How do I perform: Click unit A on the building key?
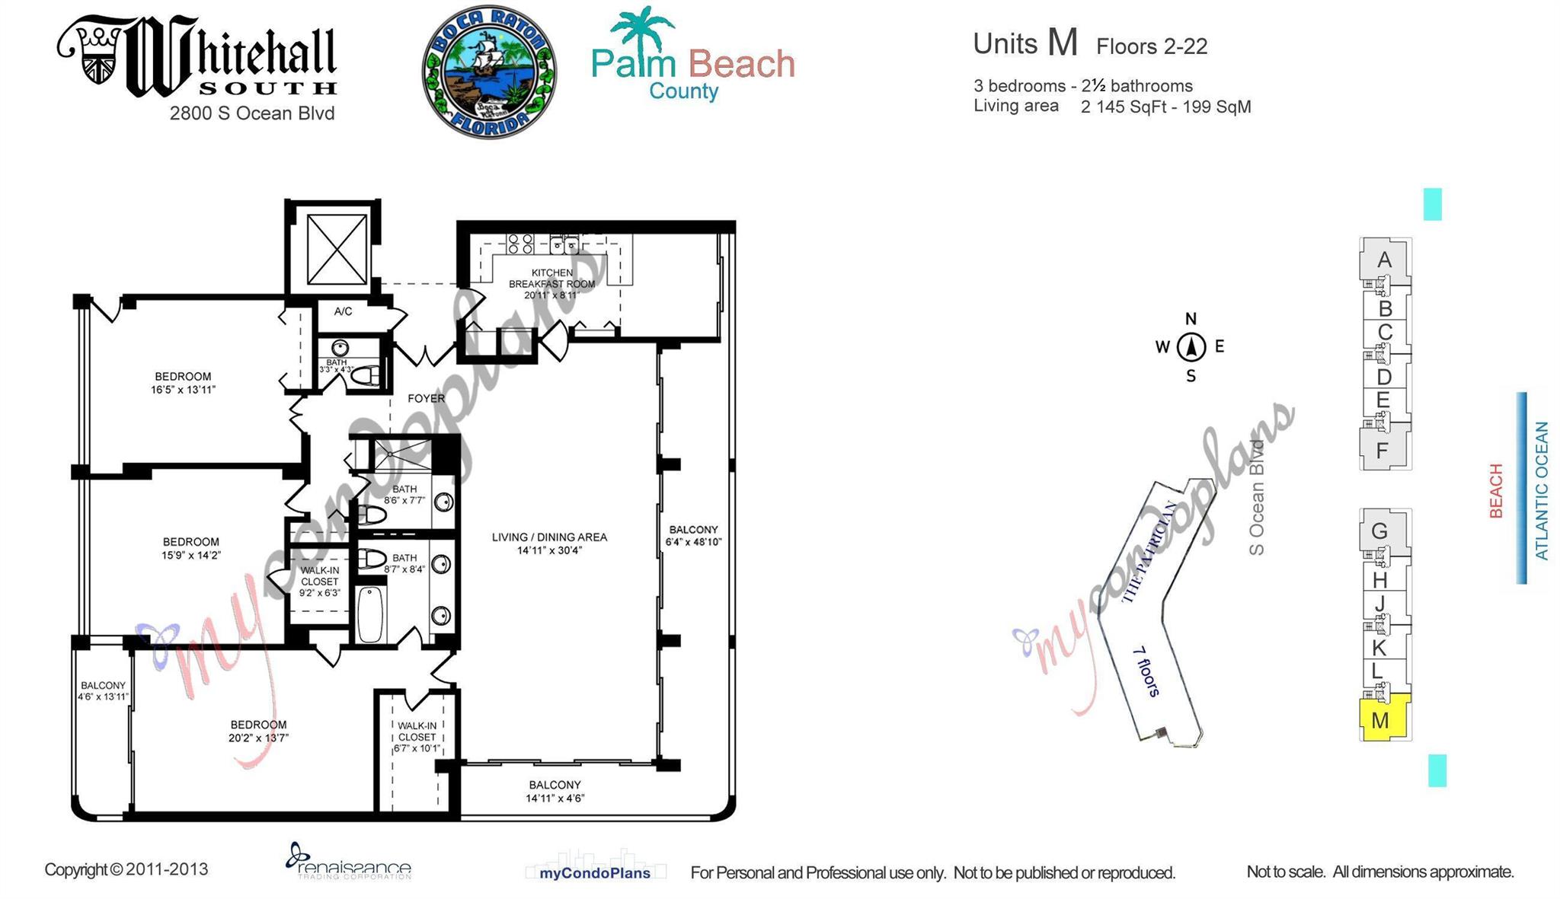pyautogui.click(x=1384, y=260)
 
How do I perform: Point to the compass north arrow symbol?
pyautogui.click(x=1191, y=347)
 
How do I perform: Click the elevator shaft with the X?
pyautogui.click(x=337, y=249)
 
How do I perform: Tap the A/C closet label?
pyautogui.click(x=343, y=311)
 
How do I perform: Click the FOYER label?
pyautogui.click(x=426, y=398)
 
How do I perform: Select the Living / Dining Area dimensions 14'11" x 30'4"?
pyautogui.click(x=548, y=550)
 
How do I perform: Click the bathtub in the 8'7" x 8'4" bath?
pyautogui.click(x=370, y=614)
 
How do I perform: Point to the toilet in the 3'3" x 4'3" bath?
pyautogui.click(x=367, y=375)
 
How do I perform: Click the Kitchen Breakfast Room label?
pyautogui.click(x=551, y=283)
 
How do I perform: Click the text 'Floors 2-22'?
pyautogui.click(x=1151, y=47)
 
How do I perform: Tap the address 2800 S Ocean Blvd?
pyautogui.click(x=251, y=113)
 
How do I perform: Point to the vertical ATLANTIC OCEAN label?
pyautogui.click(x=1541, y=491)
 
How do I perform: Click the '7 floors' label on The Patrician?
pyautogui.click(x=1146, y=671)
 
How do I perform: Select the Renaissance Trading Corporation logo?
pyautogui.click(x=348, y=861)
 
